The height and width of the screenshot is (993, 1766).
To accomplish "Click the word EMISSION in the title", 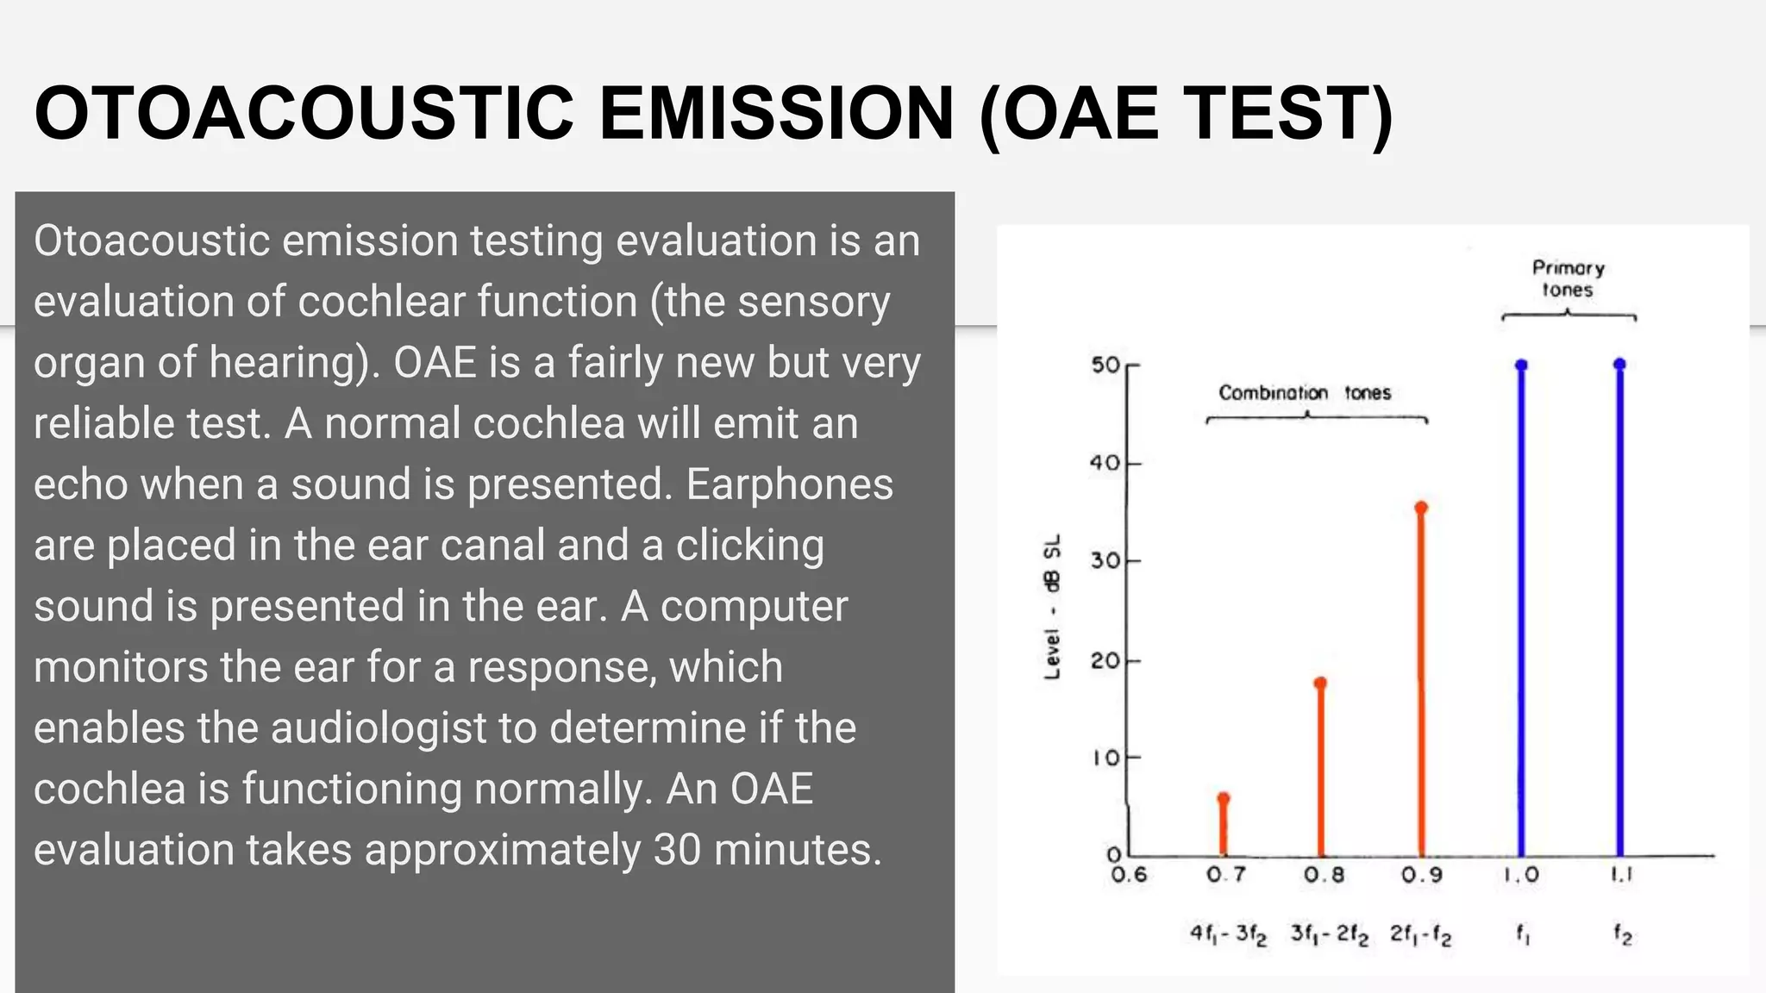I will click(x=776, y=114).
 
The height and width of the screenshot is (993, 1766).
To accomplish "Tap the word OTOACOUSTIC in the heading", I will click(x=304, y=114).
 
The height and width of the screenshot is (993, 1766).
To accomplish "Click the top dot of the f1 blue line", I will click(x=1521, y=365).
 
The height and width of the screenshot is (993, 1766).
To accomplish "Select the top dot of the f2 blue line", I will click(x=1619, y=365).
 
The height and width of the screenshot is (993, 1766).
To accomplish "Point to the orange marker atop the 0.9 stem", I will click(x=1421, y=509).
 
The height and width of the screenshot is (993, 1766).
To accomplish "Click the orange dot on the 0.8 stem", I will click(x=1320, y=684).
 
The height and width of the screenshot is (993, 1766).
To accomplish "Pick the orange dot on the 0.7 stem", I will click(x=1223, y=798).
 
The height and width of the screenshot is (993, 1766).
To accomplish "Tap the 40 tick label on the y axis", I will click(x=1105, y=464).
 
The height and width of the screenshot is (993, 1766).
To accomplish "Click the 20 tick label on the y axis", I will click(x=1105, y=661).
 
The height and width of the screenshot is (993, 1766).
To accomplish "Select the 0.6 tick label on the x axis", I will click(x=1129, y=876).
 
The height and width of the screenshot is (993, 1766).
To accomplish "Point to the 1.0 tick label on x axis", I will click(x=1521, y=876).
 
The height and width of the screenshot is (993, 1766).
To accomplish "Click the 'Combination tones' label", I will click(x=1305, y=393).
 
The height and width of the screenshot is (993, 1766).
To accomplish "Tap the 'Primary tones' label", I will click(x=1568, y=278).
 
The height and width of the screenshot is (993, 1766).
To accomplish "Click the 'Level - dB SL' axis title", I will click(x=1052, y=607).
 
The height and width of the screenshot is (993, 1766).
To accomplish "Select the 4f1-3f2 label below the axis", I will click(x=1228, y=934).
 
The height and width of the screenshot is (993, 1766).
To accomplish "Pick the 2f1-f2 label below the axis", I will click(x=1420, y=934).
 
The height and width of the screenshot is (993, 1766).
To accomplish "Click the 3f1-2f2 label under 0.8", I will click(x=1329, y=934).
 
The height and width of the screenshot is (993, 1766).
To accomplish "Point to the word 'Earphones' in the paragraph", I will click(x=790, y=484).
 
